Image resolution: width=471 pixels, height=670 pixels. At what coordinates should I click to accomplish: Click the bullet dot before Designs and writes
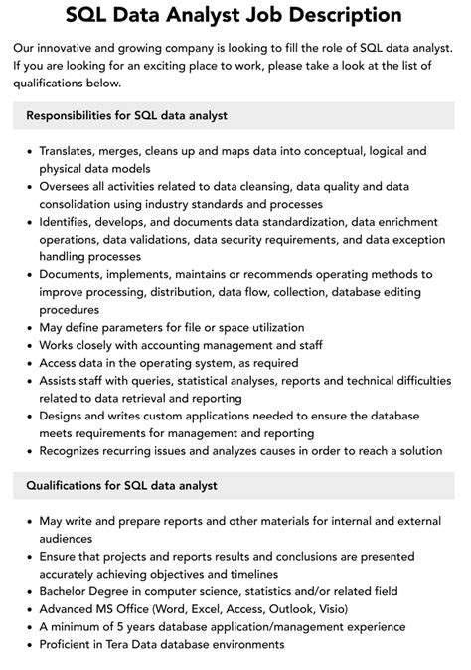tap(28, 416)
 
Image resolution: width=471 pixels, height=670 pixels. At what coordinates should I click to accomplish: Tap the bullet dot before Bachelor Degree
tap(28, 591)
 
